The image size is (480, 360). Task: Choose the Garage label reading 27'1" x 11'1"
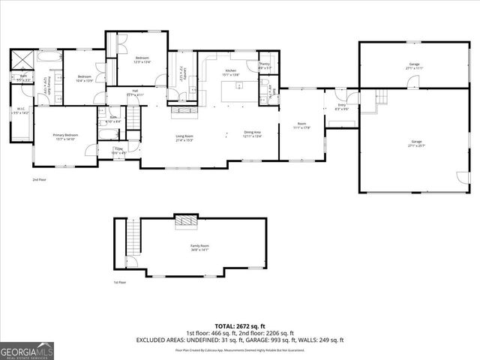(414, 66)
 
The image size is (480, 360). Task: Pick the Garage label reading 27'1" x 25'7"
(415, 143)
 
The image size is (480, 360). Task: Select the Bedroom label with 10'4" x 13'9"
(85, 78)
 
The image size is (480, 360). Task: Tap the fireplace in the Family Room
(184, 219)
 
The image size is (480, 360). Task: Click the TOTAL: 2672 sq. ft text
(239, 327)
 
